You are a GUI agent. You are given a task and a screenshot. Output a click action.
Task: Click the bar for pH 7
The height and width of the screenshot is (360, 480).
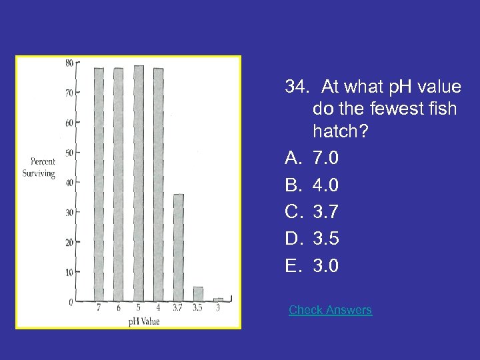click(x=99, y=184)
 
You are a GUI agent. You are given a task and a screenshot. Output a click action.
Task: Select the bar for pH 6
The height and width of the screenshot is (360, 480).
click(x=118, y=184)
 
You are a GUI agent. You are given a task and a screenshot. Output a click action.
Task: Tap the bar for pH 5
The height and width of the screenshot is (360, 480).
click(x=139, y=183)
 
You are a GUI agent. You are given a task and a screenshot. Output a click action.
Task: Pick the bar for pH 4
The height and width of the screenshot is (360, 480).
click(x=158, y=184)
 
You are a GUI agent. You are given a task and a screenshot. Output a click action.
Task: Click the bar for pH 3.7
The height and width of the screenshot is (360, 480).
click(x=178, y=247)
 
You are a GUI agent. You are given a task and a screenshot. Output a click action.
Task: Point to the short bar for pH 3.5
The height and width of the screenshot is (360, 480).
click(x=198, y=294)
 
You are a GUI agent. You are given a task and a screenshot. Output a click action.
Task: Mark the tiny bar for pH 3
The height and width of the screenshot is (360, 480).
click(x=218, y=299)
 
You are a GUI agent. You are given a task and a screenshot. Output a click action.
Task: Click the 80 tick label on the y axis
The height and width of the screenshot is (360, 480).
click(x=69, y=63)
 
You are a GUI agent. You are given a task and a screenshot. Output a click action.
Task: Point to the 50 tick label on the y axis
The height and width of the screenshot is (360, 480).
click(x=69, y=153)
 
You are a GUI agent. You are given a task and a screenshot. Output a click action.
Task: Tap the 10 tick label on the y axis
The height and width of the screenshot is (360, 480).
click(x=69, y=272)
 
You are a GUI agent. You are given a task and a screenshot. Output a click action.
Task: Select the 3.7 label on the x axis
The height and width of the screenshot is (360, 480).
click(x=178, y=308)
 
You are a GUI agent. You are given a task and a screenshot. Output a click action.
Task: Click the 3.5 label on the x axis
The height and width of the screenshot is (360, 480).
click(x=198, y=308)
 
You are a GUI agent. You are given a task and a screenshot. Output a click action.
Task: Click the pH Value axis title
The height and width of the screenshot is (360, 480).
click(x=144, y=321)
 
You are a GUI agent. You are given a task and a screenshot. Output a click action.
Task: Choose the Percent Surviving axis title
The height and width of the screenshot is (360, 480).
click(x=43, y=167)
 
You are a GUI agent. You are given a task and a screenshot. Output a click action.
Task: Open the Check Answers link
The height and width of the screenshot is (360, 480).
click(x=330, y=310)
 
